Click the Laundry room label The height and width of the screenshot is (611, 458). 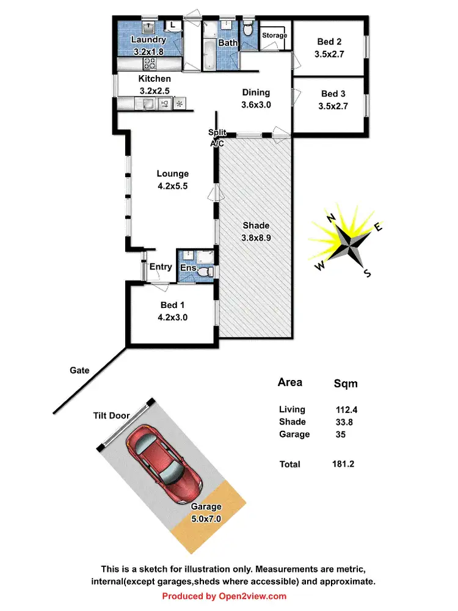[148, 40]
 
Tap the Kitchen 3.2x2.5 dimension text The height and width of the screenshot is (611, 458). [154, 90]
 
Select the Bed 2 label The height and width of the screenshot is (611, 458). [329, 42]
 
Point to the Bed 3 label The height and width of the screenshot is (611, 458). [333, 93]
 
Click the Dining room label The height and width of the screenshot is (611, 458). [256, 93]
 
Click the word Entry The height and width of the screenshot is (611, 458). [161, 266]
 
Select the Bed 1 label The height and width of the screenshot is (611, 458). [169, 305]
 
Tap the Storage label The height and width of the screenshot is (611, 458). [274, 35]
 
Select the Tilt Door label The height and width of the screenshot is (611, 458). [111, 415]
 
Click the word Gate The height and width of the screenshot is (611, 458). [79, 370]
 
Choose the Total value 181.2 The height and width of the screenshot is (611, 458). [343, 464]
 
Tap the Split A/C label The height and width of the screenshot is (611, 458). [217, 137]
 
